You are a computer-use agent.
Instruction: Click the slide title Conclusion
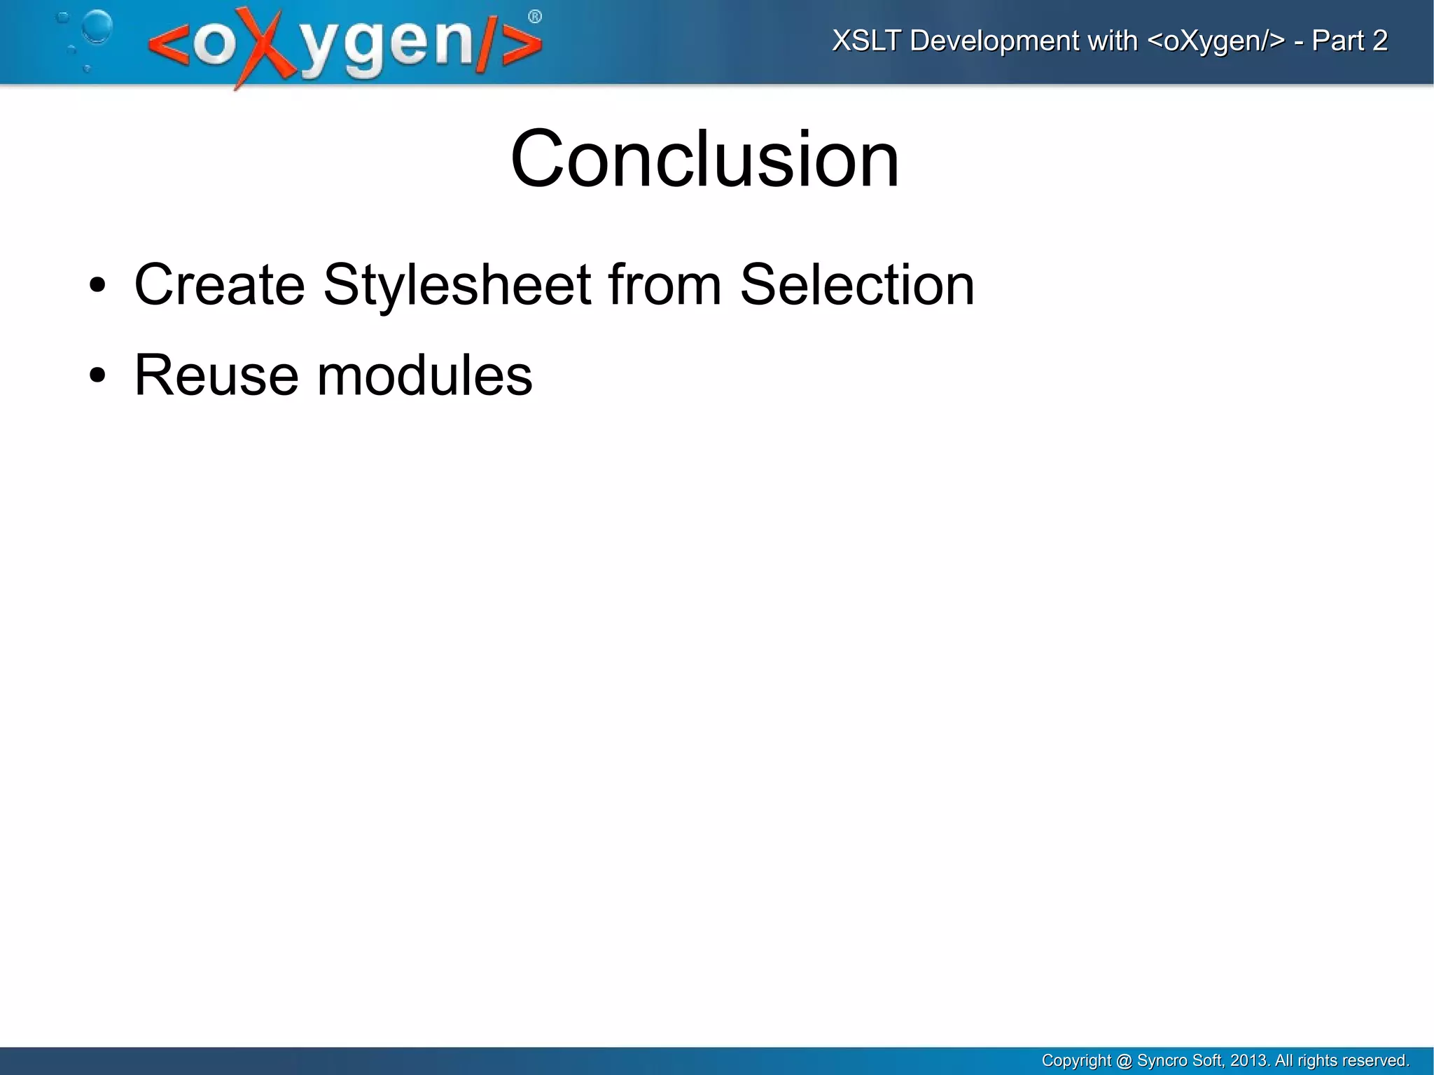point(704,160)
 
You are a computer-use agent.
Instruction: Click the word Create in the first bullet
point(219,285)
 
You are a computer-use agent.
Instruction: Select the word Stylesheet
point(457,285)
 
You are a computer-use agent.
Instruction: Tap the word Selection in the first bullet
point(856,285)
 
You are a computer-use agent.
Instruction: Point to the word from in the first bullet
point(664,285)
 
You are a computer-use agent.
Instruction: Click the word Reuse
point(216,375)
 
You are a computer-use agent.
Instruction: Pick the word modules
point(424,375)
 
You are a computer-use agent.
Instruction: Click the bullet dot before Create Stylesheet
point(97,286)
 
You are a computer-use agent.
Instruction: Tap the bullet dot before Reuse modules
point(97,376)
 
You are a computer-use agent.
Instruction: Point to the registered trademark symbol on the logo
point(534,17)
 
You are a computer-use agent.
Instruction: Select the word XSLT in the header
point(866,41)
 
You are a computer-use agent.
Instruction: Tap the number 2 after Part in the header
point(1379,41)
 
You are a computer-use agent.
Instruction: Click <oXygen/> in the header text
point(1216,41)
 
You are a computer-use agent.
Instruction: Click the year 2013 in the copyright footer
point(1248,1060)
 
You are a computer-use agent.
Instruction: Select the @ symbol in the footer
point(1124,1060)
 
